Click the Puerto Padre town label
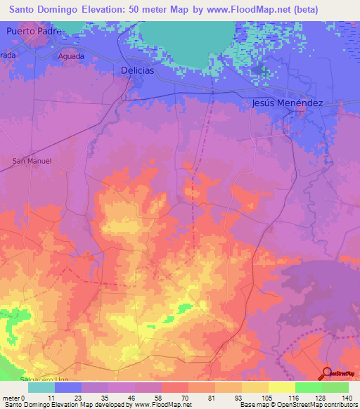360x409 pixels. click(x=34, y=32)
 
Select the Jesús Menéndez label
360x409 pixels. click(x=286, y=103)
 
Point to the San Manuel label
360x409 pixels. click(x=32, y=161)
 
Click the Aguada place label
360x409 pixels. click(x=72, y=56)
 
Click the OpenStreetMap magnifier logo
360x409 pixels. click(x=327, y=374)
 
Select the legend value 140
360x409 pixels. click(x=347, y=397)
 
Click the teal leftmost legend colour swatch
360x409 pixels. click(x=41, y=387)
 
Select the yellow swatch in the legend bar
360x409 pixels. click(x=281, y=387)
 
